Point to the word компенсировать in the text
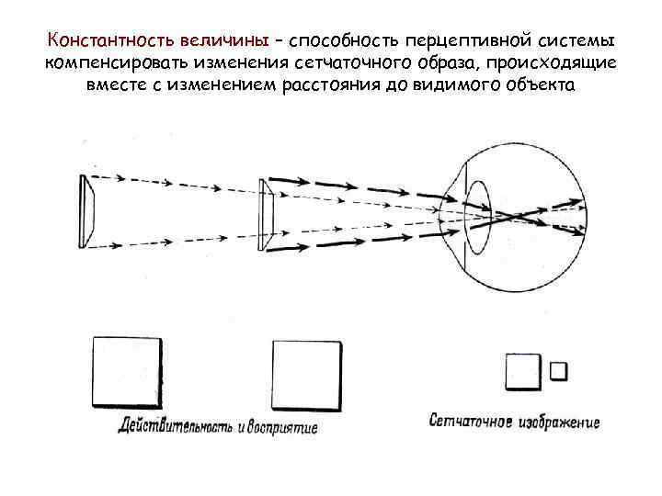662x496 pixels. [x=110, y=64]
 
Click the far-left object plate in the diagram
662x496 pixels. [x=86, y=211]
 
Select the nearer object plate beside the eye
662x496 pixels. [x=268, y=213]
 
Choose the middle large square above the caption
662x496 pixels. [x=307, y=378]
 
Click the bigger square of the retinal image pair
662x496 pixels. [x=522, y=373]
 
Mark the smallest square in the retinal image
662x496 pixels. [x=558, y=371]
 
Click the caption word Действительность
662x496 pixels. [x=174, y=427]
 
